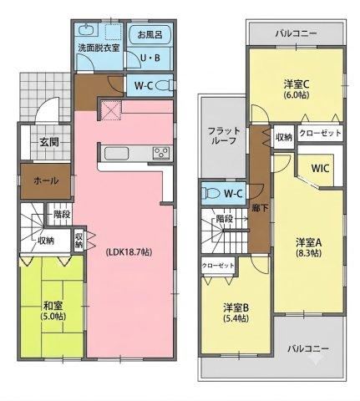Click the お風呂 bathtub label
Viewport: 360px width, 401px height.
coord(150,35)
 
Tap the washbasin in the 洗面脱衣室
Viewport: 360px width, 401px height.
coord(88,30)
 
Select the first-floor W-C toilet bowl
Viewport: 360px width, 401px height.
coord(163,85)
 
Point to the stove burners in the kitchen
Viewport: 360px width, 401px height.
coord(161,153)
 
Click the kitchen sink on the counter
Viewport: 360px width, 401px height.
coord(116,154)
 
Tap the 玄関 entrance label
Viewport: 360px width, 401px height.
coord(49,142)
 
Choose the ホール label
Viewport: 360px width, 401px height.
coord(46,181)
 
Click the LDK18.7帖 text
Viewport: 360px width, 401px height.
coord(129,252)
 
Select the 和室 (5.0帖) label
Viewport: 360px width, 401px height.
coord(53,311)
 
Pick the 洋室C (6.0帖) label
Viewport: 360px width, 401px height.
coord(297,89)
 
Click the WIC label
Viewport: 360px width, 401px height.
coord(320,168)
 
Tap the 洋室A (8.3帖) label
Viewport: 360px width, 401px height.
coord(308,247)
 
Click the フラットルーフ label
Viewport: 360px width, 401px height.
coord(224,135)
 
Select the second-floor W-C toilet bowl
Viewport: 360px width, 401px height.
coord(211,193)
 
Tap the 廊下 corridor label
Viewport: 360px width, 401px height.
coord(260,208)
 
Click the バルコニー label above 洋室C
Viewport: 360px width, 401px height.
coord(296,34)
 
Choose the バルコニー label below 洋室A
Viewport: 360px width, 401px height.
coord(308,348)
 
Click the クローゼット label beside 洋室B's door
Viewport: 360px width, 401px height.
coord(218,266)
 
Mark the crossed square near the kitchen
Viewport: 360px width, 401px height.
coord(111,110)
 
